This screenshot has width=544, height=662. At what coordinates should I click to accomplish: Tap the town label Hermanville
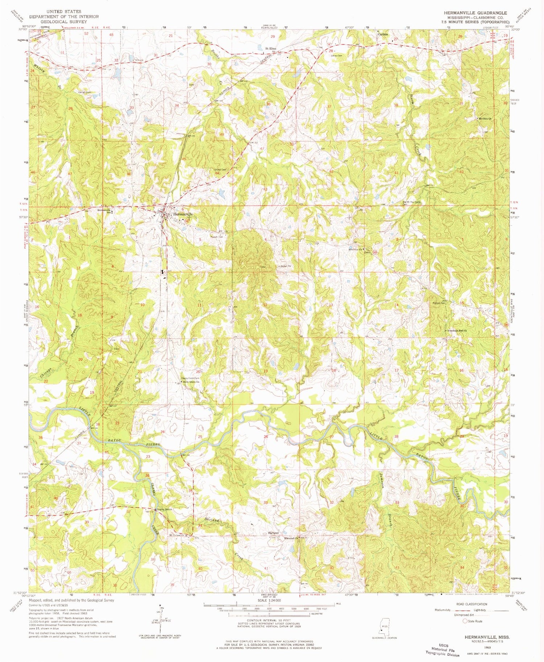click(x=183, y=214)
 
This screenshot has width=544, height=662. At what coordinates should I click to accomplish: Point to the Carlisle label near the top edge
click(x=383, y=34)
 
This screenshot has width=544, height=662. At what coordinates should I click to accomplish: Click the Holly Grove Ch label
click(x=191, y=382)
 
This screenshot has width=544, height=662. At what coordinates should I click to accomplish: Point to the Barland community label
click(x=273, y=533)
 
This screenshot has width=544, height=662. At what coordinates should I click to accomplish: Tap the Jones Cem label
click(x=336, y=55)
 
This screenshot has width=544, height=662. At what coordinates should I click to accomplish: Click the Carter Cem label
click(x=83, y=92)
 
